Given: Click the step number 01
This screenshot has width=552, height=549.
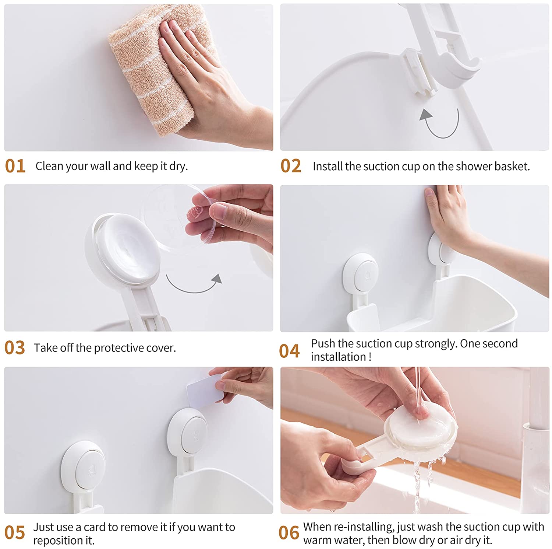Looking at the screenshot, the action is pyautogui.click(x=15, y=166).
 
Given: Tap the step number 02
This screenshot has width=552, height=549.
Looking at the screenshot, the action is pyautogui.click(x=291, y=166).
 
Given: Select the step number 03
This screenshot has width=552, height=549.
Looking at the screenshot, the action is pyautogui.click(x=15, y=348).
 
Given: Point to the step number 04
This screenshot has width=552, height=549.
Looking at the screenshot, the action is pyautogui.click(x=289, y=351).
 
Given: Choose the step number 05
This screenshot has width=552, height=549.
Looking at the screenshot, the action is pyautogui.click(x=15, y=533).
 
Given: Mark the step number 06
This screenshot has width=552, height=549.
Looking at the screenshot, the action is pyautogui.click(x=289, y=533).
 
